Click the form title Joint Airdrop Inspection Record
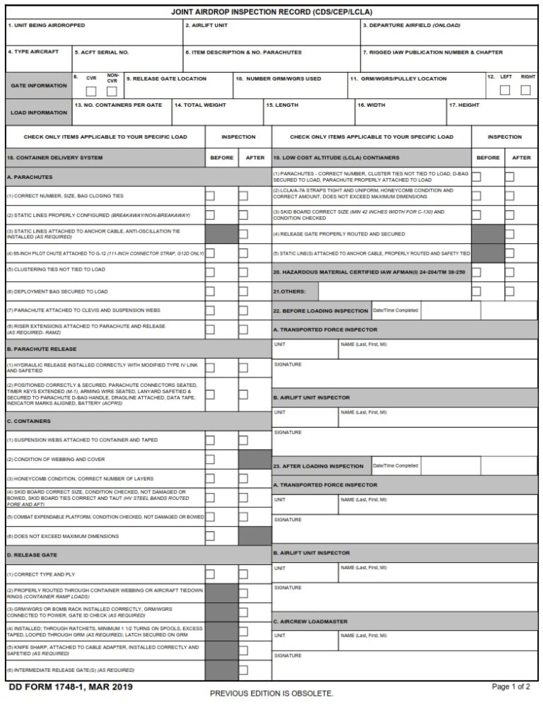tap(271, 12)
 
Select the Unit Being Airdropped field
tap(93, 33)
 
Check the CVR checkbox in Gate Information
tap(91, 91)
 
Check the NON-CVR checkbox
tap(112, 91)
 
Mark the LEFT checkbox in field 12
tap(504, 90)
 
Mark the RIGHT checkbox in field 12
tap(525, 90)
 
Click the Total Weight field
tap(217, 112)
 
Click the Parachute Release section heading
tap(42, 349)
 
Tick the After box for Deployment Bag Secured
tap(243, 291)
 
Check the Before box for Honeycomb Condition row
tap(210, 478)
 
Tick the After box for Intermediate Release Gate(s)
tap(243, 670)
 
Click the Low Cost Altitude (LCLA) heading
tap(336, 158)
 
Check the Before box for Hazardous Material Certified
tap(477, 272)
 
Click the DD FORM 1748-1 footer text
tap(70, 687)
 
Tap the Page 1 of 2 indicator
tap(510, 687)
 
